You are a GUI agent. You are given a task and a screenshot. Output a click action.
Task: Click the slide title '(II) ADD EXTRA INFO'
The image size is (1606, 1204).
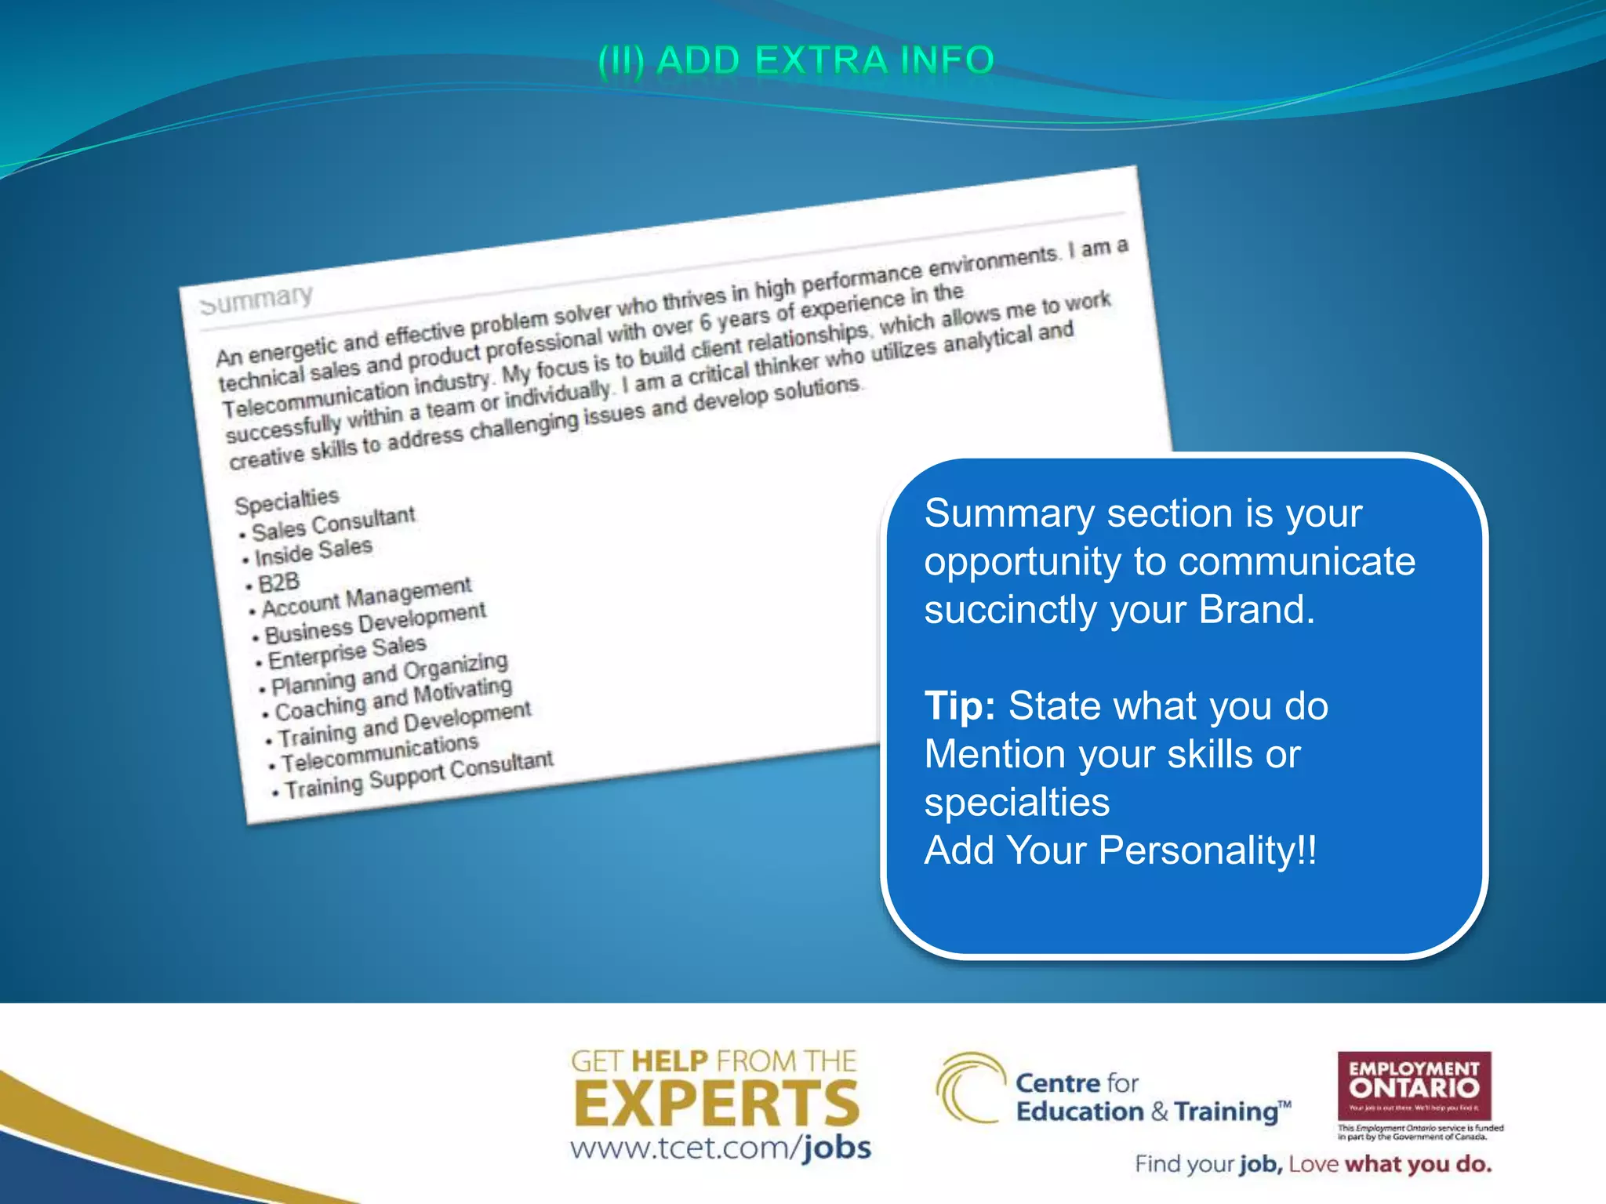tap(796, 61)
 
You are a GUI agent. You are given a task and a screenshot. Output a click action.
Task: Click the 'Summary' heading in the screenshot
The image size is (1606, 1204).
tap(256, 299)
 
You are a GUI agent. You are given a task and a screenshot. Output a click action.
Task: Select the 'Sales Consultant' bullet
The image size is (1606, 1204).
tap(332, 523)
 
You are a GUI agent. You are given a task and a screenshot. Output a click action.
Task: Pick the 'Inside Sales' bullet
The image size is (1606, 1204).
tap(313, 551)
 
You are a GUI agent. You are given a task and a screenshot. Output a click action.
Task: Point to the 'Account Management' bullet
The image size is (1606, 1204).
tap(366, 597)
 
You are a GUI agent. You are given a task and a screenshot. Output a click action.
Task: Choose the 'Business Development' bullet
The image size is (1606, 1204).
tap(375, 622)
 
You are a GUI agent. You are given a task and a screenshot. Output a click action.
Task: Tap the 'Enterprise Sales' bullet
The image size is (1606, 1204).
tap(347, 651)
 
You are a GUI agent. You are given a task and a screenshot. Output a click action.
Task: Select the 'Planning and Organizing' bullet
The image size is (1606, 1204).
tap(389, 673)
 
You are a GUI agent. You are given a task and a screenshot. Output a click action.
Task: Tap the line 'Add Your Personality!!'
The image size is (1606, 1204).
tap(1121, 850)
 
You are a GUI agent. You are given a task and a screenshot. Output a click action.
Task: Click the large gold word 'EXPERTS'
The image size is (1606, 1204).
tap(717, 1104)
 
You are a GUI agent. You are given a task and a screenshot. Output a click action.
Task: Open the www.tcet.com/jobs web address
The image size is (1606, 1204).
tap(721, 1148)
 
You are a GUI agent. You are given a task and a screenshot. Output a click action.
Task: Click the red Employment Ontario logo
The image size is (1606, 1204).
tap(1414, 1086)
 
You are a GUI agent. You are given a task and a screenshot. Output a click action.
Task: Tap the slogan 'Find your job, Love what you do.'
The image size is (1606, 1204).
tap(1313, 1165)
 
